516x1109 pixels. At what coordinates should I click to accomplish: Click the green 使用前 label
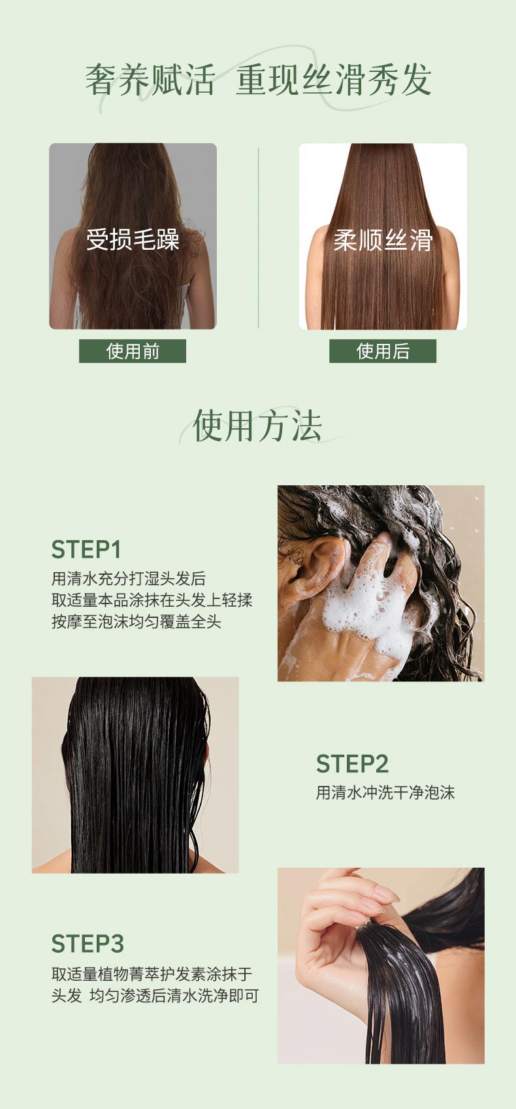click(133, 351)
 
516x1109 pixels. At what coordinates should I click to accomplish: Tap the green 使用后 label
click(383, 351)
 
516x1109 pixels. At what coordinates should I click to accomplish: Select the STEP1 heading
click(86, 549)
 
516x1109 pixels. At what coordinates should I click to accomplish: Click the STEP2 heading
click(352, 764)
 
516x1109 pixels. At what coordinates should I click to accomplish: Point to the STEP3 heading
click(88, 944)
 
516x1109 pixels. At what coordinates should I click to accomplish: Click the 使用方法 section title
click(257, 426)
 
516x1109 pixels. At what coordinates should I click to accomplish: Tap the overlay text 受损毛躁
click(133, 239)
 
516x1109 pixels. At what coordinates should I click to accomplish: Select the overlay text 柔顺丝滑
click(383, 240)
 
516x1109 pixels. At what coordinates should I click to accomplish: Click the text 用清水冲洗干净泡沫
click(385, 793)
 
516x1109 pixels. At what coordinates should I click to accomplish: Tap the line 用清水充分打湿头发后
click(129, 578)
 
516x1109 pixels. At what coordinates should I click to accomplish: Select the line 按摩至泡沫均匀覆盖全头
click(136, 621)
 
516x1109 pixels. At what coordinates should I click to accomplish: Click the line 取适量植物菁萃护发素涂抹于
click(152, 974)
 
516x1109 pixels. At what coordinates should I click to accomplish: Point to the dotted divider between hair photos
click(258, 237)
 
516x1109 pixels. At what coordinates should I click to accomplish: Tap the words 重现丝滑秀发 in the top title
click(334, 80)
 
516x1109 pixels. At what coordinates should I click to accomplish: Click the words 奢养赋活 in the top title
click(150, 80)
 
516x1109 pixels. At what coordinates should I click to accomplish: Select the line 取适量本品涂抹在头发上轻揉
click(152, 600)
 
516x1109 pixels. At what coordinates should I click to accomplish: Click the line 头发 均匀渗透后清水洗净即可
click(155, 996)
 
